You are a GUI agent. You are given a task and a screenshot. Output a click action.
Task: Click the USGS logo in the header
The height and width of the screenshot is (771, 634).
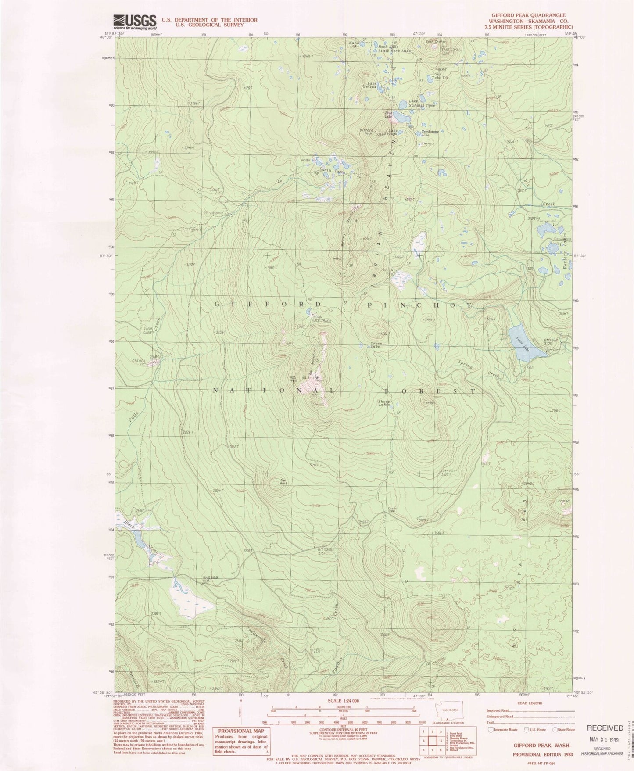135,21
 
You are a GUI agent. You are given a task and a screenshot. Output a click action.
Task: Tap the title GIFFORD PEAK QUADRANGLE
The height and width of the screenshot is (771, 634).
528,15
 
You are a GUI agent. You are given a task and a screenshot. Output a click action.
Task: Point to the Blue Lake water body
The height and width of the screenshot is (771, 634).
400,117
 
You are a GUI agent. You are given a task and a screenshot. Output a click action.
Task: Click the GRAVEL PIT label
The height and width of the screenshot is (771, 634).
139,363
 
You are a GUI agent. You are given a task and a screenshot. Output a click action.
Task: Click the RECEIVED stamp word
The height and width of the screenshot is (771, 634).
605,728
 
